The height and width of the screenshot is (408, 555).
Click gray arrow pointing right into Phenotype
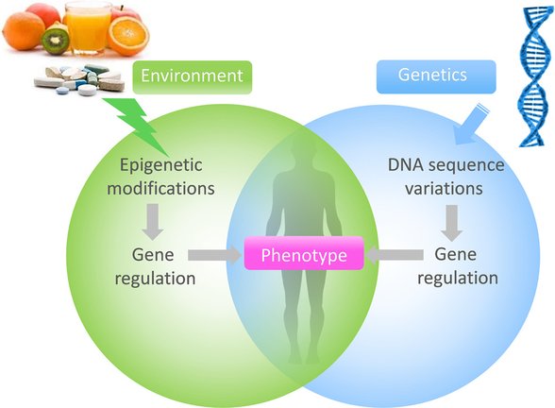[x=213, y=256]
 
